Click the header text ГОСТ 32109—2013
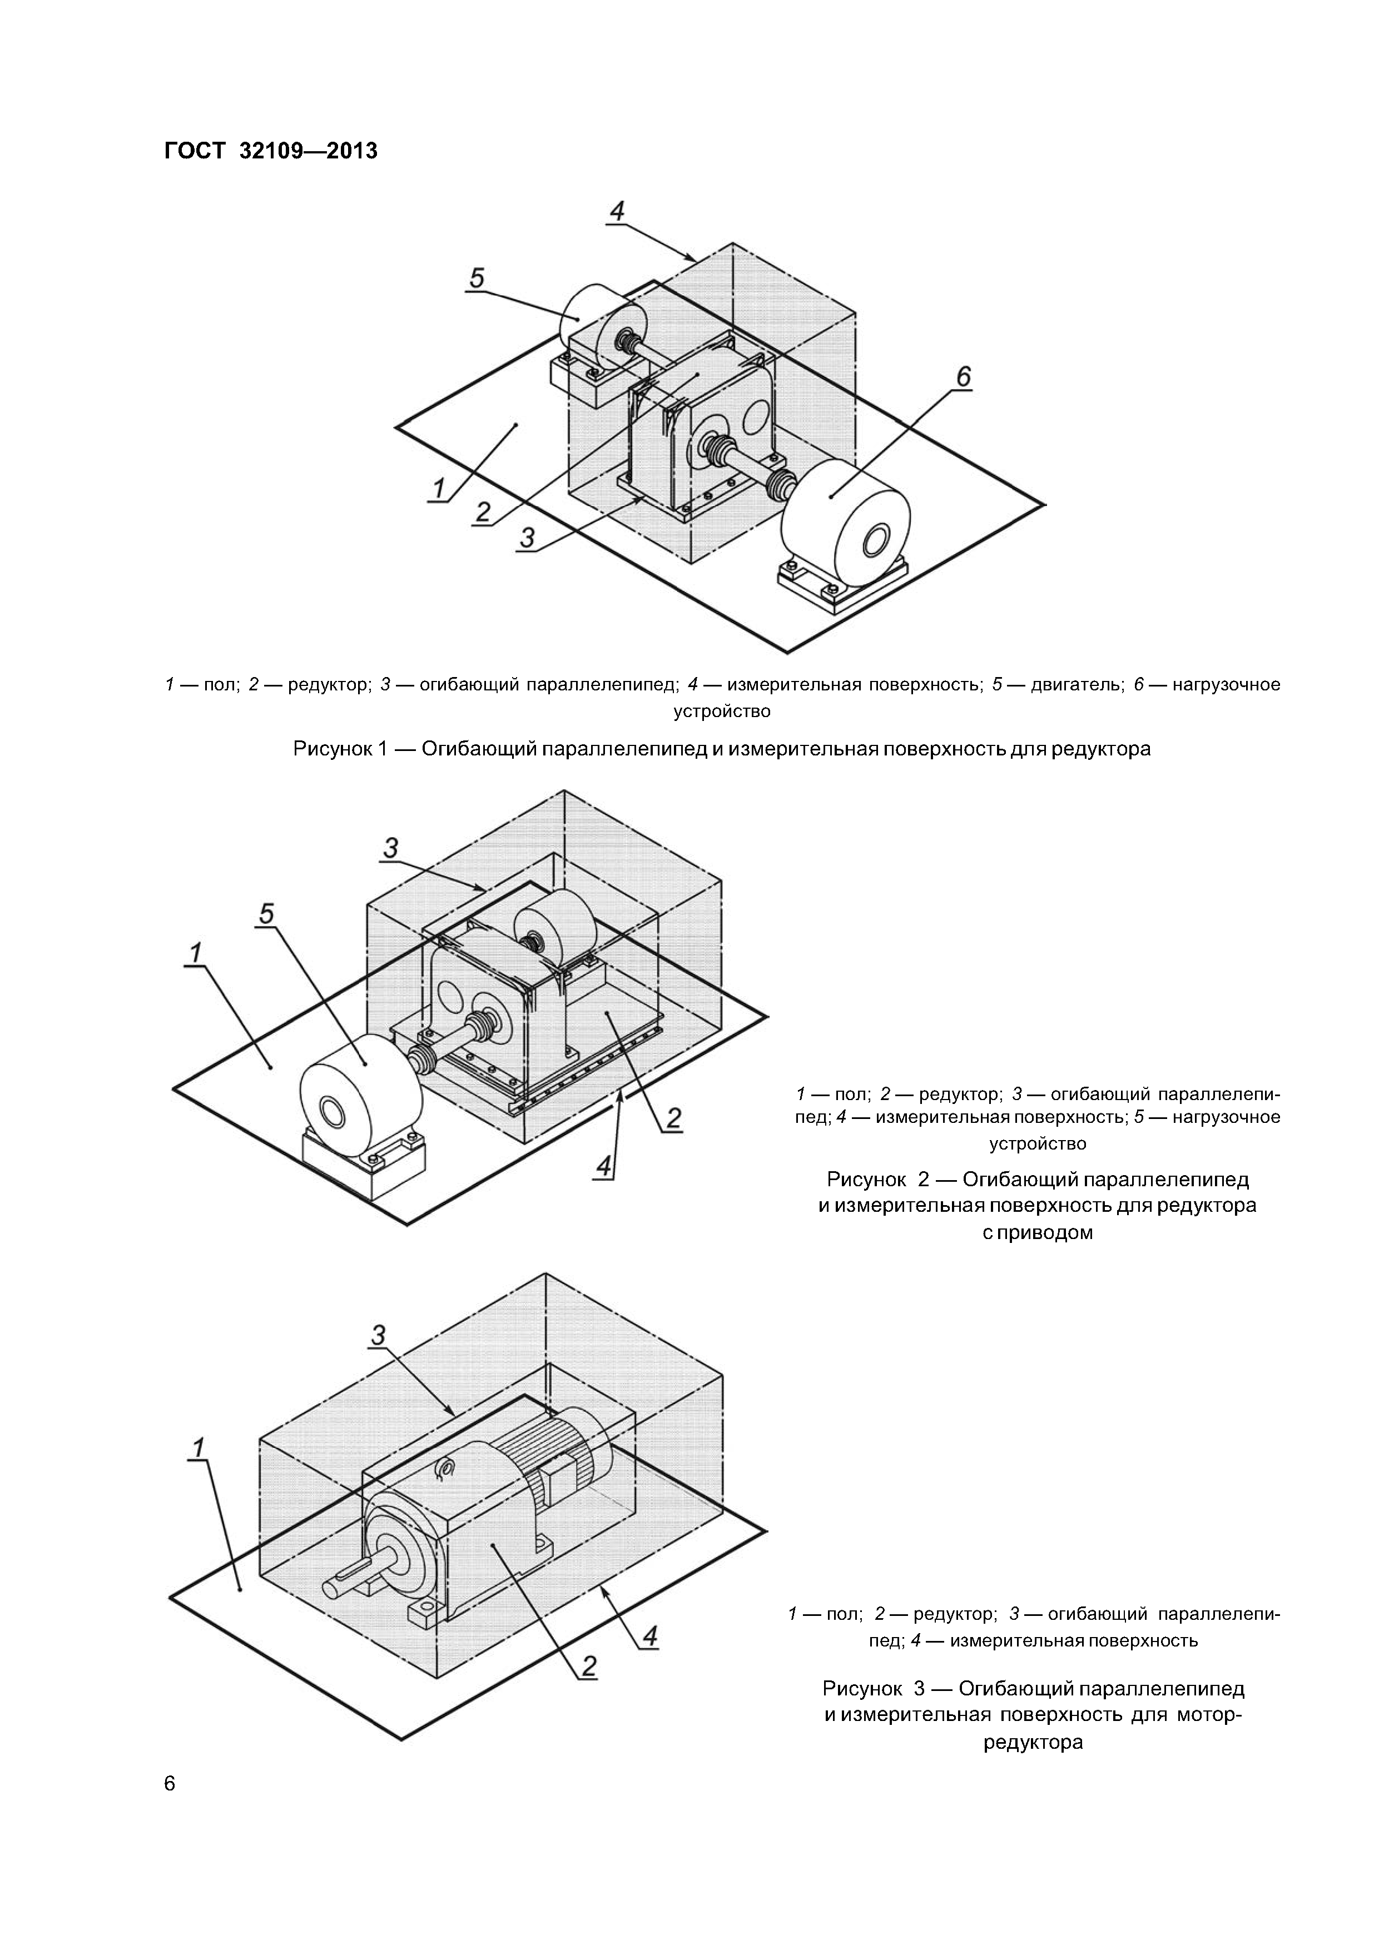click(270, 151)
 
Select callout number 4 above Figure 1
click(618, 210)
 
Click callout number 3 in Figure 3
click(379, 1335)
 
